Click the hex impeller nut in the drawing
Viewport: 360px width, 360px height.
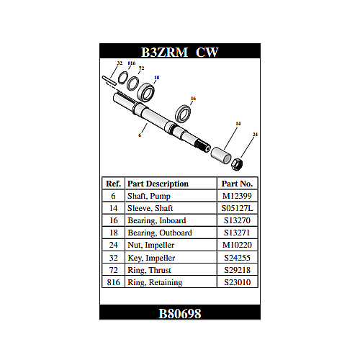[237, 164]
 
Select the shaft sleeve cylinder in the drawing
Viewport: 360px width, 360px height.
[221, 156]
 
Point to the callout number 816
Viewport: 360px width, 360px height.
[132, 63]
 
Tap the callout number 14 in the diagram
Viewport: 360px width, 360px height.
[238, 124]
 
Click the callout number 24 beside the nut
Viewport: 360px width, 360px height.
[255, 135]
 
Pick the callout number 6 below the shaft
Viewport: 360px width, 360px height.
[140, 135]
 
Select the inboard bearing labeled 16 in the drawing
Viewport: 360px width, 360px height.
[183, 114]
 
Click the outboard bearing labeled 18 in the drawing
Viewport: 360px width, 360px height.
[146, 92]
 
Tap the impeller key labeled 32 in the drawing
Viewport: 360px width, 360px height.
[109, 80]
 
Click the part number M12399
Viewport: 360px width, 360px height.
[237, 196]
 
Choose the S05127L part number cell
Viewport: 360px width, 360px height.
[237, 208]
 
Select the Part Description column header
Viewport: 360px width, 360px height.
[158, 184]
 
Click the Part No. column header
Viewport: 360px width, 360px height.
[237, 184]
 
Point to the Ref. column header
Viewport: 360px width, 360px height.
[113, 184]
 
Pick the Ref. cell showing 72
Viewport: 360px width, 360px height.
[114, 270]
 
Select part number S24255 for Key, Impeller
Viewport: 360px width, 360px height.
[237, 258]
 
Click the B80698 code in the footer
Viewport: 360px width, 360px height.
[180, 313]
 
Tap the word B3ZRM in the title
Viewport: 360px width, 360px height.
[164, 52]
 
